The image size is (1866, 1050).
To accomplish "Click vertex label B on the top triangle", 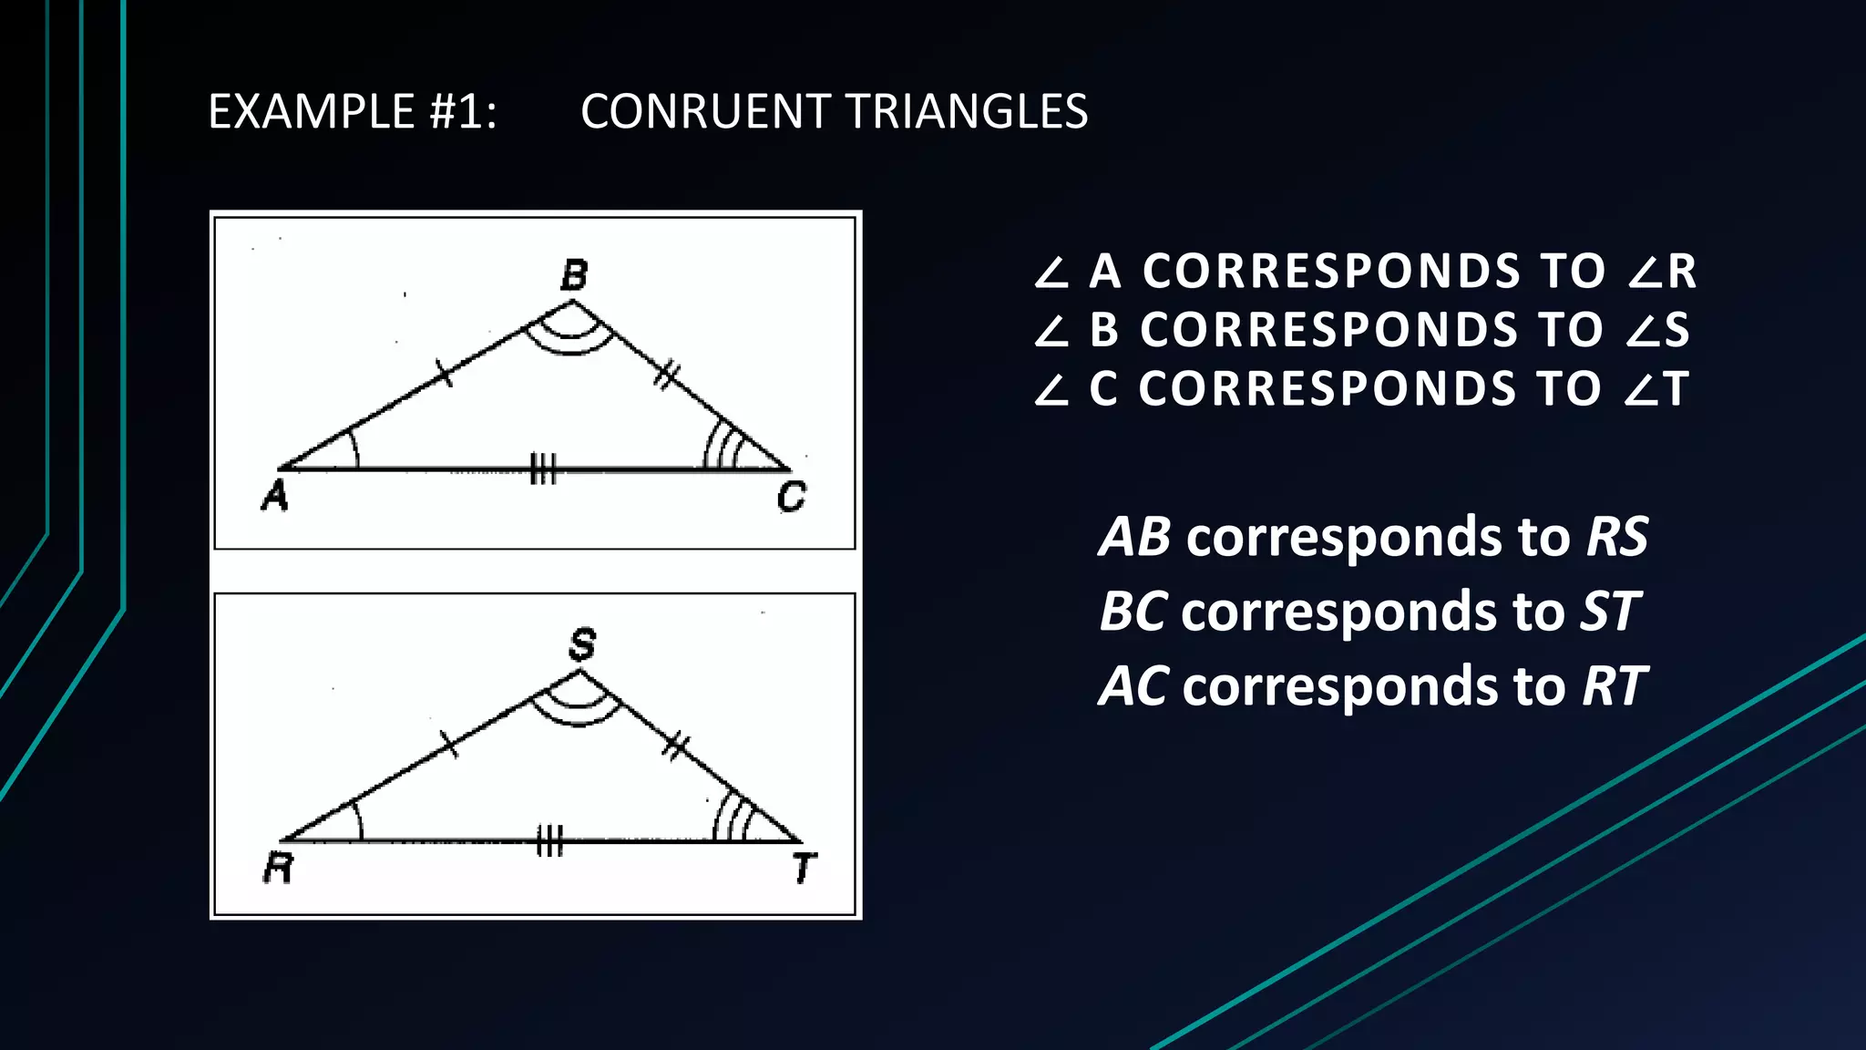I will point(574,274).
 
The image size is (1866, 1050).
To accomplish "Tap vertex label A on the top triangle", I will point(275,496).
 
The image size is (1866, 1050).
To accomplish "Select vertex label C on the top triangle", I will point(791,497).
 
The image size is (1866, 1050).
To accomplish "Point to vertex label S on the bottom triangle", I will point(582,644).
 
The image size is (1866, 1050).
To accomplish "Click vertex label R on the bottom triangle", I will point(279,868).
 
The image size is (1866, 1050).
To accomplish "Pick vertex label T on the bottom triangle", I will point(804,868).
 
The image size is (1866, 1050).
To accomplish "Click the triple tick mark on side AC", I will point(543,469).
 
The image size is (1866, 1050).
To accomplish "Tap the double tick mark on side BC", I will point(667,375).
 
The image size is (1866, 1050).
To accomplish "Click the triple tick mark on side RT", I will point(549,841).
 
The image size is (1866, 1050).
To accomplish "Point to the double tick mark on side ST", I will point(675,746).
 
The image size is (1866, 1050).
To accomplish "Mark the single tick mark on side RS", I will point(449,744).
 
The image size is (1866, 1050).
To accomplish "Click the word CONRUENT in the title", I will point(702,112).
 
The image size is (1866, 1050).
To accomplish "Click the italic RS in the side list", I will point(1616,537).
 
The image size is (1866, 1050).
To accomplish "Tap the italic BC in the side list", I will point(1133,612).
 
